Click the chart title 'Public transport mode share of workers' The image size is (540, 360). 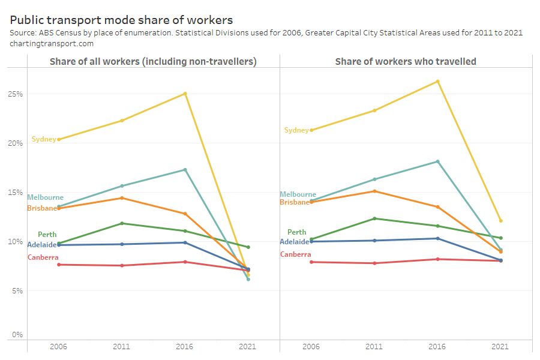(x=121, y=20)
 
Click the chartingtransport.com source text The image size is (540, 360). (x=52, y=44)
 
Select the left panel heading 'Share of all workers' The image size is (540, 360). (x=153, y=61)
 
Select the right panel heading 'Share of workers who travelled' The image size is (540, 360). (x=406, y=61)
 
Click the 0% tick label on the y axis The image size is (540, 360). (x=17, y=335)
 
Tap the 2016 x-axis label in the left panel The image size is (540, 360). (x=185, y=347)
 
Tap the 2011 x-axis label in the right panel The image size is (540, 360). (x=374, y=347)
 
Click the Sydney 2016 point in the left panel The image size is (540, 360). (x=185, y=94)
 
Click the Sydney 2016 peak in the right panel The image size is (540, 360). (x=437, y=82)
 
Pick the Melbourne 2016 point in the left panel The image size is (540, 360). (x=185, y=170)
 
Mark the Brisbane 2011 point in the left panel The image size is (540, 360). (x=122, y=198)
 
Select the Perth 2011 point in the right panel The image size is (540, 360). (x=374, y=218)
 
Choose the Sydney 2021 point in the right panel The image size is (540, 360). (x=500, y=221)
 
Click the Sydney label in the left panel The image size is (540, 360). (x=44, y=139)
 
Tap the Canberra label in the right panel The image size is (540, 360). (x=296, y=254)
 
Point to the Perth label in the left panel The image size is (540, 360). (x=47, y=235)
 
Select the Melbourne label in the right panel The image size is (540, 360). (x=298, y=194)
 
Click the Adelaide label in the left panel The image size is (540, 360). (x=42, y=245)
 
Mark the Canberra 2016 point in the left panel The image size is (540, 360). (x=185, y=262)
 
